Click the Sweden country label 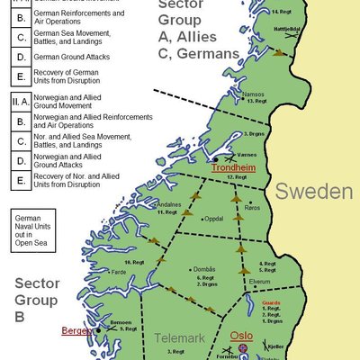click(313, 191)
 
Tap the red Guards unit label click(272, 303)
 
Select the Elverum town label click(259, 282)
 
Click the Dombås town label click(200, 269)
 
